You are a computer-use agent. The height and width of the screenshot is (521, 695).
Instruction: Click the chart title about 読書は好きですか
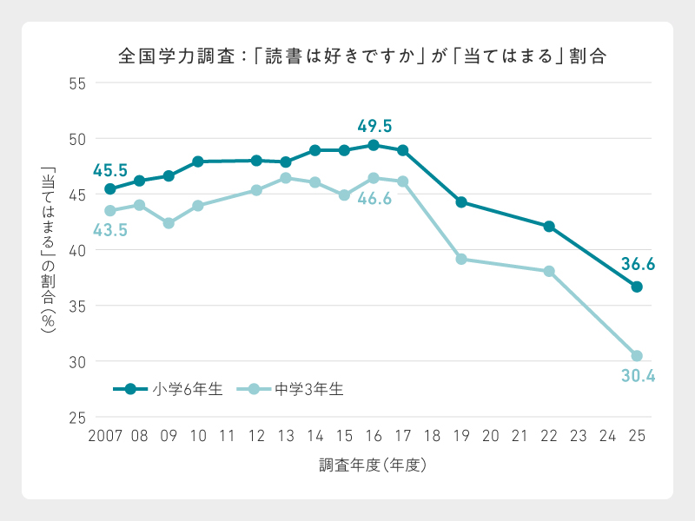pos(361,56)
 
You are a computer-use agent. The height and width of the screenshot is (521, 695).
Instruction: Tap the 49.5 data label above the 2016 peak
pos(374,126)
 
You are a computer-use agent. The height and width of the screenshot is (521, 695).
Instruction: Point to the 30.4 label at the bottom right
pos(637,376)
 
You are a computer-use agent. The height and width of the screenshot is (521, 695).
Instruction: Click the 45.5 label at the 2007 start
pos(110,170)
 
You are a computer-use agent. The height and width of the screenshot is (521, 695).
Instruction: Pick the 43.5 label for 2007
pos(110,230)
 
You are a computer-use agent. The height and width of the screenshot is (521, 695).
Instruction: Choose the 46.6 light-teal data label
pos(374,199)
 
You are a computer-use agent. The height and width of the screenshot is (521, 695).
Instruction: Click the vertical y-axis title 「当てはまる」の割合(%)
pos(48,249)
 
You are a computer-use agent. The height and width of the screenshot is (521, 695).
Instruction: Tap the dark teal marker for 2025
pos(637,287)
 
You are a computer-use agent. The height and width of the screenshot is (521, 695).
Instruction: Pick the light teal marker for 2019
pos(461,259)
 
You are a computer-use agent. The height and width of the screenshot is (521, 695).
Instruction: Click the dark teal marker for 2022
pos(549,227)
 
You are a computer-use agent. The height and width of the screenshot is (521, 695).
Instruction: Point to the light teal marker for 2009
pos(169,223)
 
